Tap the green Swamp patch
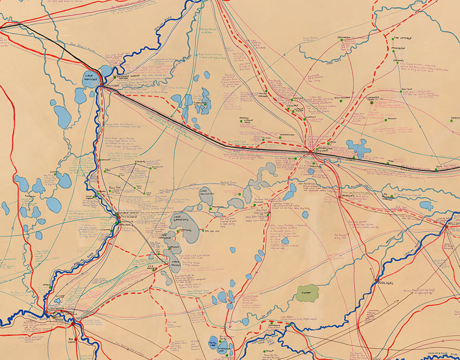pyautogui.click(x=307, y=294)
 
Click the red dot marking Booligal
pyautogui.click(x=375, y=280)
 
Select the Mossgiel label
pyautogui.click(x=351, y=196)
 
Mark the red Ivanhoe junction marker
pyautogui.click(x=312, y=153)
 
